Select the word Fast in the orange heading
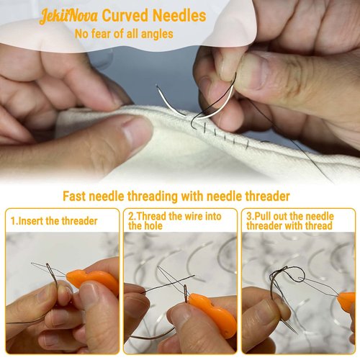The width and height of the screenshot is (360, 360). coord(76,196)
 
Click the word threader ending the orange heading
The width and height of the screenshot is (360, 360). coord(266,196)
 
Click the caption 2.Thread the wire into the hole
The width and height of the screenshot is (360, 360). coord(173,220)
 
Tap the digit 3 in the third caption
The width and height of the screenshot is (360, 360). coord(249,216)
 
